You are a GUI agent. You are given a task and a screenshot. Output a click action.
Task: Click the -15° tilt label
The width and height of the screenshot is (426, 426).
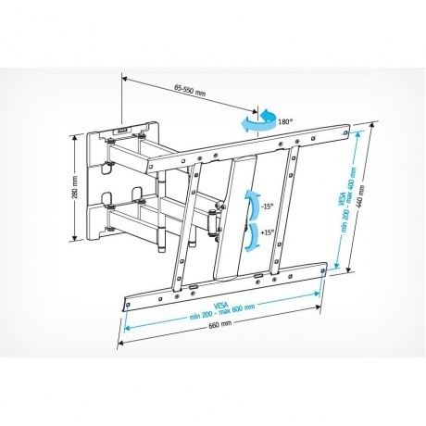(x=267, y=207)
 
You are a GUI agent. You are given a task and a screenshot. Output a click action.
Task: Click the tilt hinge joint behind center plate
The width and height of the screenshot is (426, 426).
(x=217, y=221)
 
